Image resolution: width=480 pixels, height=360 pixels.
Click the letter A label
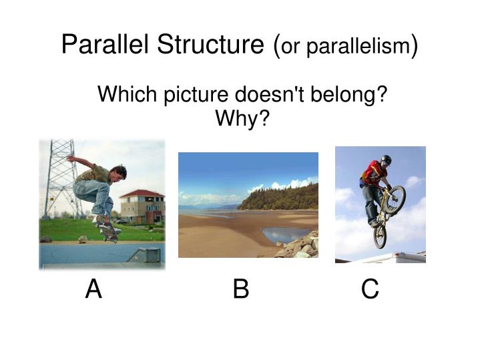[x=93, y=290]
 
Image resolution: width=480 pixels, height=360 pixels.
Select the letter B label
[x=241, y=289]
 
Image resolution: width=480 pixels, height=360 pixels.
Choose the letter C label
[x=370, y=290]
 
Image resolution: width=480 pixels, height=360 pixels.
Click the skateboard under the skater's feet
[x=108, y=230]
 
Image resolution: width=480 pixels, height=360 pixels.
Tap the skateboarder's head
[x=117, y=173]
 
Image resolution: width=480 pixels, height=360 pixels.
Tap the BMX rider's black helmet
[x=386, y=160]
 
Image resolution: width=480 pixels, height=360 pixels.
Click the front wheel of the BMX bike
[x=395, y=198]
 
